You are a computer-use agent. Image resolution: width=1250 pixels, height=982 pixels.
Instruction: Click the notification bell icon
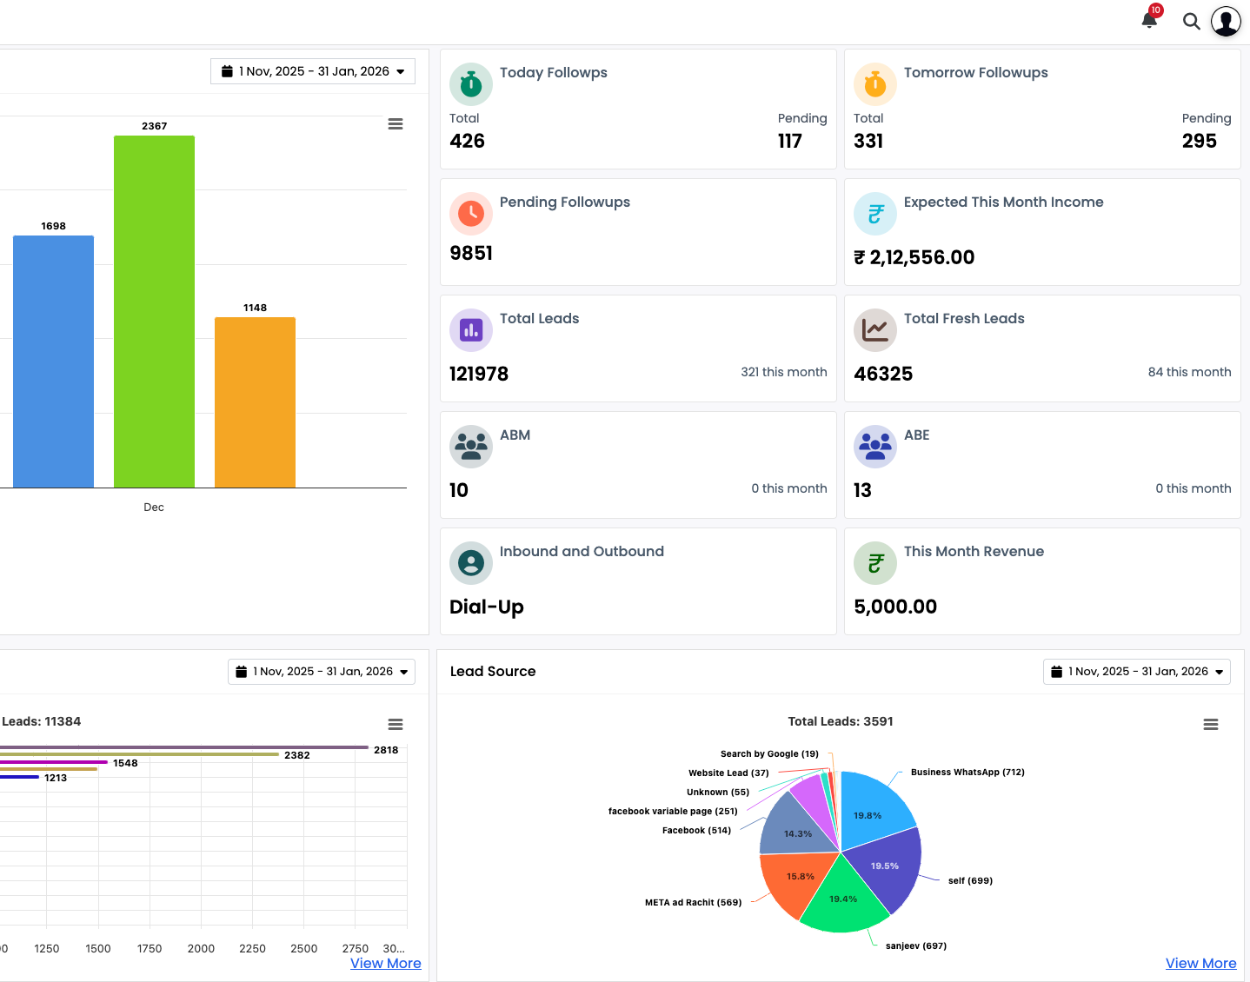tap(1149, 20)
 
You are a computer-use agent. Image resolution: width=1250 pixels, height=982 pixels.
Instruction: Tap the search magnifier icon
tap(1191, 22)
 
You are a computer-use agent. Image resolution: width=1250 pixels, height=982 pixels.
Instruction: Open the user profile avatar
tap(1226, 22)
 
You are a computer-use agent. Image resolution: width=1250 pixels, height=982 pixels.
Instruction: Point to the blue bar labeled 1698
tap(53, 361)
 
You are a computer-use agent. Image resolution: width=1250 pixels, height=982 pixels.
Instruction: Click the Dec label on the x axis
tap(154, 508)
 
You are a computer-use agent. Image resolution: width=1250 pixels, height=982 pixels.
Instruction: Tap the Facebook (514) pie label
tap(696, 831)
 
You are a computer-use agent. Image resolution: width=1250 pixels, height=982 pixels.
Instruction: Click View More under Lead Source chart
tap(1200, 963)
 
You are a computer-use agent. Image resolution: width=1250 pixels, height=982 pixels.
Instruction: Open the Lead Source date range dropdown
tap(1136, 672)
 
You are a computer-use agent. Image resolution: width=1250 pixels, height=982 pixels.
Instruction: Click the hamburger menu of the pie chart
tap(1210, 725)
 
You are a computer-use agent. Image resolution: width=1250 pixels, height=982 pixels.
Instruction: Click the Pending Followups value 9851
tap(471, 254)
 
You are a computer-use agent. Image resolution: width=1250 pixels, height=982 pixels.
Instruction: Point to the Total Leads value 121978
tap(479, 375)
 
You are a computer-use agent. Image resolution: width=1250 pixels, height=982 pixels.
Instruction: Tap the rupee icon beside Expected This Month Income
tap(875, 214)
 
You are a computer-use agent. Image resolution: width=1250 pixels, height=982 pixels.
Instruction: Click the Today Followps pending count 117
tap(789, 142)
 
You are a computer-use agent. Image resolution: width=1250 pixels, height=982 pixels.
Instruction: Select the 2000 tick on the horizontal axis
tap(201, 949)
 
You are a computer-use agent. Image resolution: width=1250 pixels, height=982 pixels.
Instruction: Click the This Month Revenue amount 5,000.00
tap(895, 607)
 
